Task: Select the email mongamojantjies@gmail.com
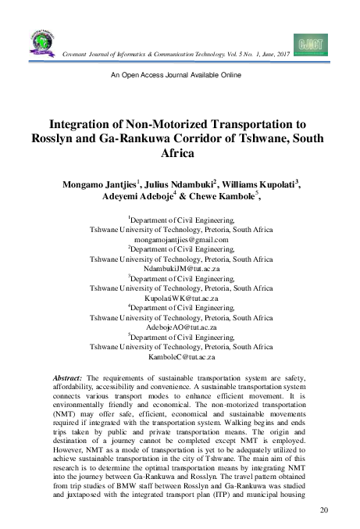[180, 241]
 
